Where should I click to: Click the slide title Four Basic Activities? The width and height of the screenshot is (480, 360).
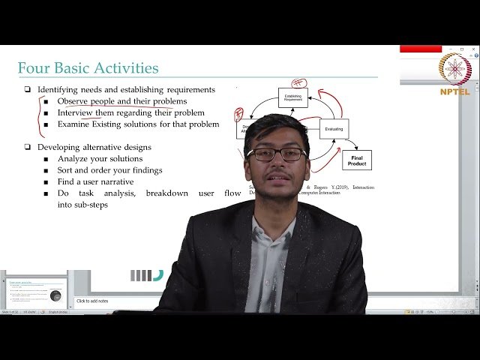(x=88, y=68)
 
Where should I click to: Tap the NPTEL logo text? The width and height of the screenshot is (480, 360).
(x=454, y=91)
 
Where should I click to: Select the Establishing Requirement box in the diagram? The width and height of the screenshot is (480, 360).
(x=292, y=97)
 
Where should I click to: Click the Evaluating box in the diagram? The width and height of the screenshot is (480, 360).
(x=334, y=129)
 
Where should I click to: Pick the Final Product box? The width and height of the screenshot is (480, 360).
(x=357, y=160)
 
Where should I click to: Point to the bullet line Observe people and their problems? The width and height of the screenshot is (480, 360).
(x=122, y=101)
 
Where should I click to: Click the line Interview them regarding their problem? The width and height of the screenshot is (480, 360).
(x=131, y=113)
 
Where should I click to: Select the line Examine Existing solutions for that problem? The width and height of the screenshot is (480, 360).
(x=138, y=124)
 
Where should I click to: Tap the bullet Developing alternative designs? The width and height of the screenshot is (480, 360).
(x=94, y=147)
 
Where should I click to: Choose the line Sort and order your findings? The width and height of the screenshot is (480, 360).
(x=109, y=170)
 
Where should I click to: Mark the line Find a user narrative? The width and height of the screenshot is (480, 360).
(x=96, y=181)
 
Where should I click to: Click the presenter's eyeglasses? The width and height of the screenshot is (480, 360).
(x=276, y=154)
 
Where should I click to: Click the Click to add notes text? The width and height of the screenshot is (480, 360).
(x=92, y=301)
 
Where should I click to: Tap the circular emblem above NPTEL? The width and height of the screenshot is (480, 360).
(x=454, y=69)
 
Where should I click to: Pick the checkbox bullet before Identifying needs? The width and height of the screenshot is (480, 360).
(x=27, y=90)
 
